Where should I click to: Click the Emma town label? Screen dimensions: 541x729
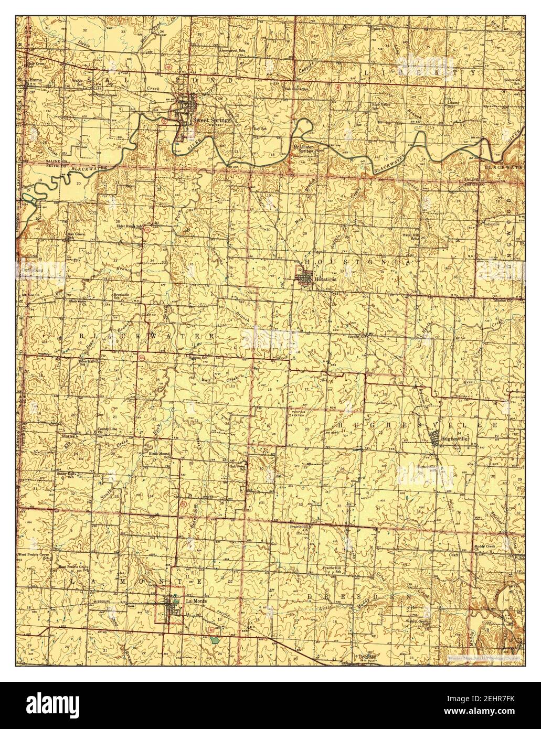(x=35, y=80)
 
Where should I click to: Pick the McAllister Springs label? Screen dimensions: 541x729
(x=303, y=149)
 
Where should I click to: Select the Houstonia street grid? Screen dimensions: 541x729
(x=304, y=277)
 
